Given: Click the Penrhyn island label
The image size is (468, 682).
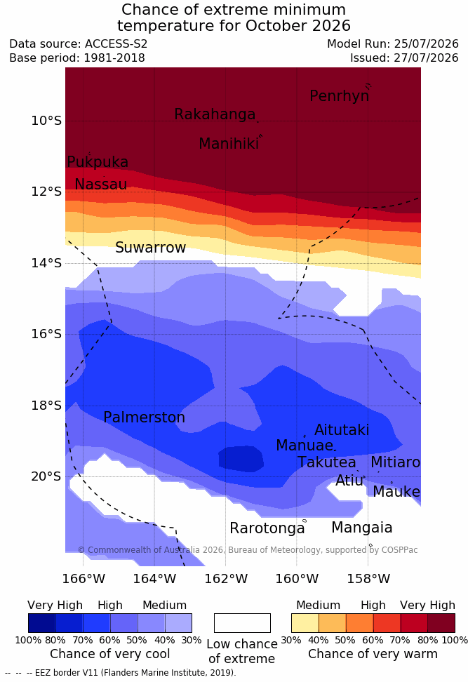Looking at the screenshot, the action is [340, 96].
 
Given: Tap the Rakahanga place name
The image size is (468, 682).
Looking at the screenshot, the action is [215, 114].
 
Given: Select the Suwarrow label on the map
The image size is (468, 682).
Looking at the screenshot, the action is [150, 248].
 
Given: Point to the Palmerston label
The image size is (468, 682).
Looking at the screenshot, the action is [144, 417].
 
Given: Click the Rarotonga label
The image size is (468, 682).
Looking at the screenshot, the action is [267, 528].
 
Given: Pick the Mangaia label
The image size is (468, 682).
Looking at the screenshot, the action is [362, 528].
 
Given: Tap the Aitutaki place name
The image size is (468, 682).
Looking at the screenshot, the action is [342, 430].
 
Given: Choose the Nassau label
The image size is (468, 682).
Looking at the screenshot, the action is [101, 185].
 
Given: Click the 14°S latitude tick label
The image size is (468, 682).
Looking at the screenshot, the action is [46, 263].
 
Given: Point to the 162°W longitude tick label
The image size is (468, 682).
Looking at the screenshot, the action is [226, 579].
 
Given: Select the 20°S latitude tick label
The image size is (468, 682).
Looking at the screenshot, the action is [46, 476].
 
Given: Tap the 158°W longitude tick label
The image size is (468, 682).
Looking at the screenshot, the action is [368, 579].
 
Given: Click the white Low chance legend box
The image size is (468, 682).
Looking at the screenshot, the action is [242, 623].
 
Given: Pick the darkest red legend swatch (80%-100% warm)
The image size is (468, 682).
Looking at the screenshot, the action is [441, 623].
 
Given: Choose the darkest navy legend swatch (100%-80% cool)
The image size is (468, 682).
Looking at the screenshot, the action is [42, 623].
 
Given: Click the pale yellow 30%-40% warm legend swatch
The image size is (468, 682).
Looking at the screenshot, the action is [305, 623].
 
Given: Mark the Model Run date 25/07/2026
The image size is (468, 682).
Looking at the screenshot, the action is [426, 44].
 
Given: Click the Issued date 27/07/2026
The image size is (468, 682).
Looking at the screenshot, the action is [426, 58].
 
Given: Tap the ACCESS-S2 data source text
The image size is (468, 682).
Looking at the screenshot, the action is [116, 44].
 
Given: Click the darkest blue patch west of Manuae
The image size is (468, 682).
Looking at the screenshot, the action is [241, 458].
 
